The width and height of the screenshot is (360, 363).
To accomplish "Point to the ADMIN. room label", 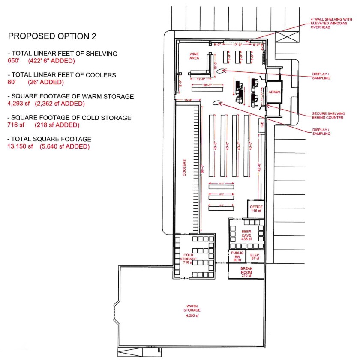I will (x=274, y=92).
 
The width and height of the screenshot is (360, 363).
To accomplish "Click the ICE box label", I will (x=261, y=126).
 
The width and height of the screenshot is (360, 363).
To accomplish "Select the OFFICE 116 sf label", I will (x=256, y=209).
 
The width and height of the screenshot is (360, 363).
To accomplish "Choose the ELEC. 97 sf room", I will (x=255, y=256).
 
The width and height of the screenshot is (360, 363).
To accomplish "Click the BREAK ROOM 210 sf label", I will (x=246, y=273).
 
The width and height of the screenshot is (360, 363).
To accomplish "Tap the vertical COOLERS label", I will (x=184, y=167).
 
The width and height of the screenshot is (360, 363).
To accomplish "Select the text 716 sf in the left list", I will (x=16, y=125).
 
